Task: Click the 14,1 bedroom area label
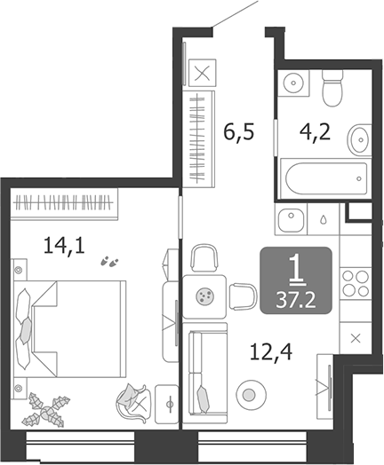coord(65,246)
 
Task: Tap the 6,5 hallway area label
coord(239,132)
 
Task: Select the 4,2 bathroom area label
coord(315,132)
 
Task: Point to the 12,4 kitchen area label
coord(271,352)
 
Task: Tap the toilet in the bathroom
coord(332,88)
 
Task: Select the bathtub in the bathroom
coord(326,178)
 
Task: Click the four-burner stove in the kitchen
coord(356,284)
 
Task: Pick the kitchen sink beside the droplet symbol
coord(291,220)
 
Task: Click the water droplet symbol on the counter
coord(324,220)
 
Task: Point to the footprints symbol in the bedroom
coord(109,262)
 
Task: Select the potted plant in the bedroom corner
coord(46,410)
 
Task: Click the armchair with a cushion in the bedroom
coord(132,402)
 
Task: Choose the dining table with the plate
coord(204,296)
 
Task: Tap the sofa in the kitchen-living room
coord(204,373)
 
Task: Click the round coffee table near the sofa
coord(251,395)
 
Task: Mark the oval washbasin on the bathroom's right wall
coord(360,139)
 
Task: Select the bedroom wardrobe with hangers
coord(65,204)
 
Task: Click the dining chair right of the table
coord(244,296)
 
